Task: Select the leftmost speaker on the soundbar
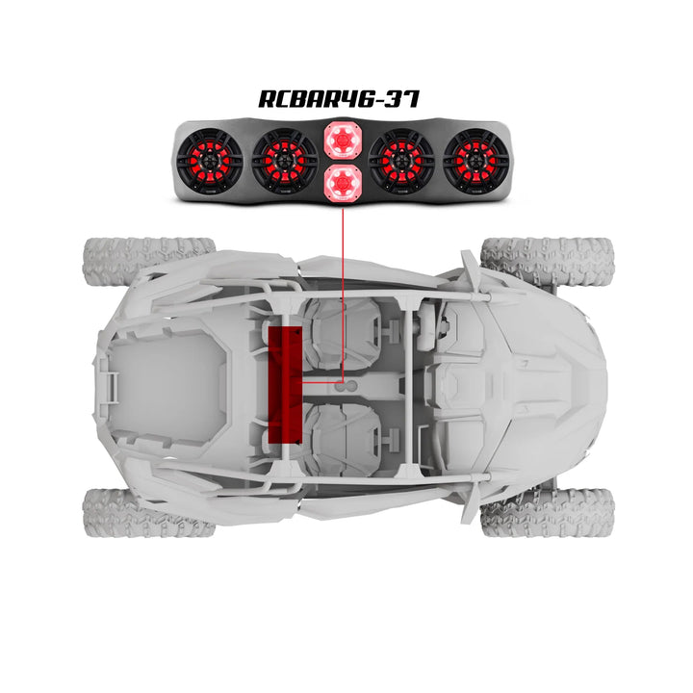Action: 211,159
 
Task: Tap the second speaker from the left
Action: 285,159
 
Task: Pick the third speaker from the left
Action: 401,159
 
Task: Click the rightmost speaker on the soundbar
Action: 475,159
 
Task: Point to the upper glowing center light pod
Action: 342,141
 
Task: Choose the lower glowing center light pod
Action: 342,181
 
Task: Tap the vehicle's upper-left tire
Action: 144,260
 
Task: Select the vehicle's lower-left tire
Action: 144,510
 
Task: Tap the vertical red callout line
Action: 343,289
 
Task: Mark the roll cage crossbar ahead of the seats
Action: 409,385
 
